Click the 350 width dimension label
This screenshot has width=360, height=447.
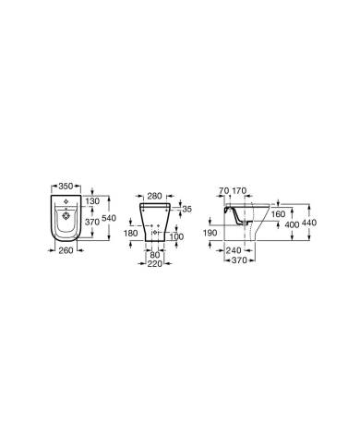click(x=66, y=186)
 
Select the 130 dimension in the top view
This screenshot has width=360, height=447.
click(x=92, y=201)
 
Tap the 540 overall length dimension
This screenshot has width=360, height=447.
click(x=109, y=218)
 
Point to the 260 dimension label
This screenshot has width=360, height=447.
click(x=66, y=250)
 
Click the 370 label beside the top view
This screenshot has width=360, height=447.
click(x=92, y=222)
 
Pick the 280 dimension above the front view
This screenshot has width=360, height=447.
click(x=154, y=196)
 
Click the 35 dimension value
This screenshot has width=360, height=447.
click(x=186, y=209)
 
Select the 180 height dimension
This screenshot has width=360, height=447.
click(x=131, y=233)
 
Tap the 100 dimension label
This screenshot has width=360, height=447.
click(x=176, y=236)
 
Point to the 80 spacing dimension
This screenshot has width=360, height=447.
click(x=155, y=255)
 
